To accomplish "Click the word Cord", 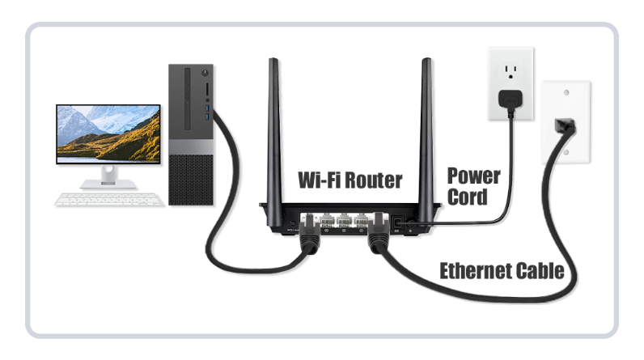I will [x=468, y=196].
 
